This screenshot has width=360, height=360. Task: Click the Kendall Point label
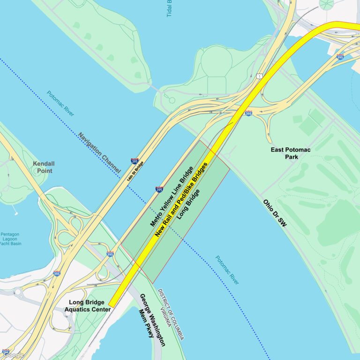pyautogui.click(x=44, y=167)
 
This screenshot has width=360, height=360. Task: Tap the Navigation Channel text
pyautogui.click(x=99, y=153)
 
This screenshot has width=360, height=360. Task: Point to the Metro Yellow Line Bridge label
pyautogui.click(x=172, y=196)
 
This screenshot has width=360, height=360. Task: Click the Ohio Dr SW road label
pyautogui.click(x=275, y=214)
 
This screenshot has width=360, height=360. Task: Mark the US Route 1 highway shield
pyautogui.click(x=259, y=76)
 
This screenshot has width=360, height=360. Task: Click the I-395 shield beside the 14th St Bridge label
pyautogui.click(x=135, y=161)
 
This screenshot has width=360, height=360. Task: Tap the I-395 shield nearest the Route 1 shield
pyautogui.click(x=248, y=113)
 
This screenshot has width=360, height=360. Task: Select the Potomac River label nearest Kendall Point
pyautogui.click(x=60, y=104)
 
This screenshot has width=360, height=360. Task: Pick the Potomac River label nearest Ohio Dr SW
pyautogui.click(x=227, y=270)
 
